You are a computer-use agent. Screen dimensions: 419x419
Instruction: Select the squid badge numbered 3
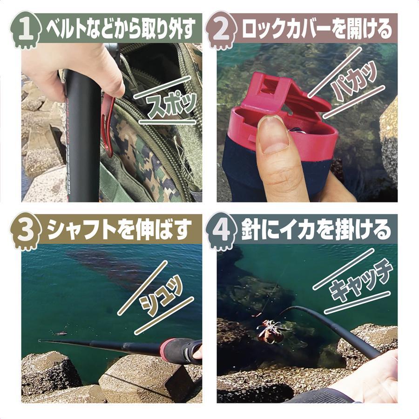click(26, 231)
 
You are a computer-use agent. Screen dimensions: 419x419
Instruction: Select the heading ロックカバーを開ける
click(317, 29)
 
